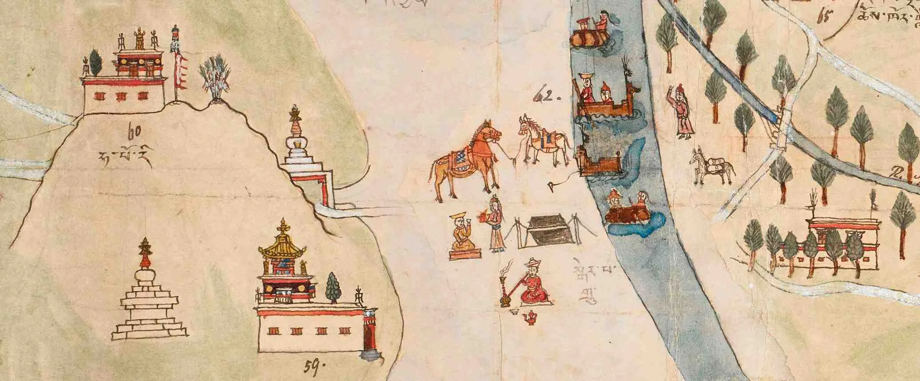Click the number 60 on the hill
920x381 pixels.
(x=131, y=132)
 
